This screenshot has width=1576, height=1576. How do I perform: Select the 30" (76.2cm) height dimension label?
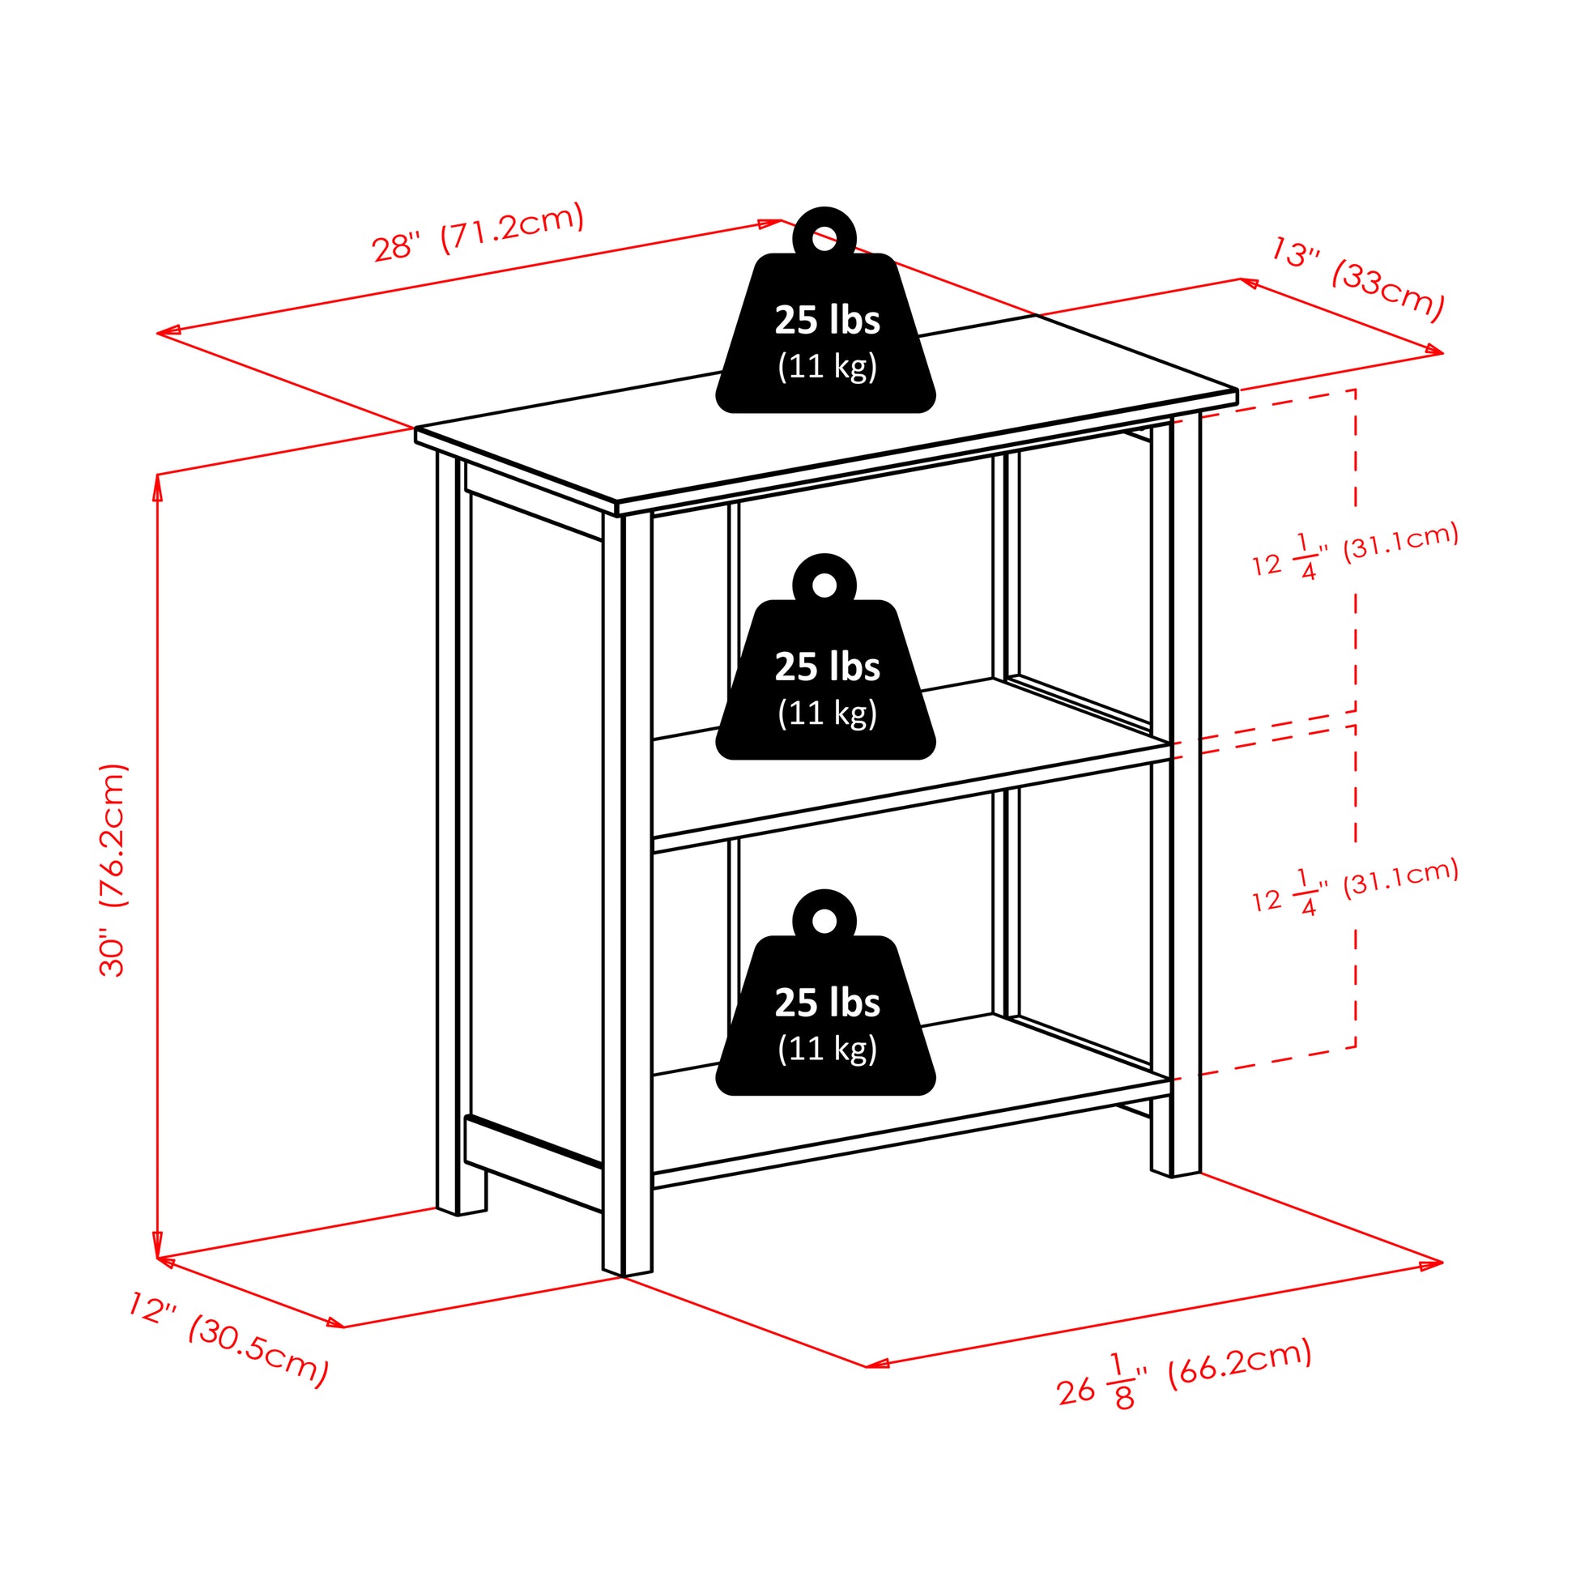point(113,870)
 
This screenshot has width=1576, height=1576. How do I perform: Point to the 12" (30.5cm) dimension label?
point(229,1338)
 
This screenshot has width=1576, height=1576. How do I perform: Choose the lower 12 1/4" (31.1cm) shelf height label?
point(1355,888)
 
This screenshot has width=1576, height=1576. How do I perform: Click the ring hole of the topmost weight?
point(824,239)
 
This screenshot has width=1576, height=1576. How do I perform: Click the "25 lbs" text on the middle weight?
point(827,667)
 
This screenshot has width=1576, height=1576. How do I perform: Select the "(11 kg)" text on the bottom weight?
point(827,1049)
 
